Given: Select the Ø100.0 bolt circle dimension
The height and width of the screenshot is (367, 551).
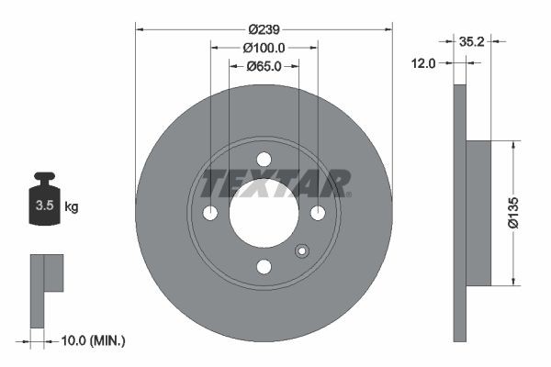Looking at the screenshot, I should tap(264, 48).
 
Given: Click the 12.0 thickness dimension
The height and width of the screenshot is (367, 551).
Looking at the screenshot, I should tap(424, 62).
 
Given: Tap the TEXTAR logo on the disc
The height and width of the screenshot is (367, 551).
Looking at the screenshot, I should tap(276, 183).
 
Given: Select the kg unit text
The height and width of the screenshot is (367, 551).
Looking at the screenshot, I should tap(72, 207).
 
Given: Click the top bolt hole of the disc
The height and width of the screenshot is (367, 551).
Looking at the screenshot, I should tap(264, 159).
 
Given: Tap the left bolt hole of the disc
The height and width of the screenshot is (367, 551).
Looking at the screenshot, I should tap(210, 213).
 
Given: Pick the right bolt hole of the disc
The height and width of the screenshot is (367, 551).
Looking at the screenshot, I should tap(318, 213).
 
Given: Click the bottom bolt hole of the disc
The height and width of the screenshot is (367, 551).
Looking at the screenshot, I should tap(264, 266).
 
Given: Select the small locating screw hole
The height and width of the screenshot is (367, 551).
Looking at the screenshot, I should tap(299, 252).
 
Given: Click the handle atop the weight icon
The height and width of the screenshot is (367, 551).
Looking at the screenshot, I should tap(43, 176).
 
